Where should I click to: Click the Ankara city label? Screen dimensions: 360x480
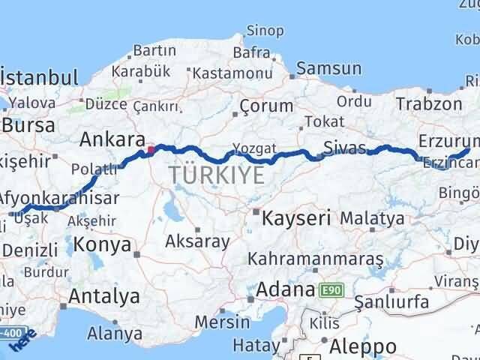click(113, 139)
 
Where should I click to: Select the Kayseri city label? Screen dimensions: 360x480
click(296, 219)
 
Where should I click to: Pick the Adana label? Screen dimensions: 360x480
click(285, 289)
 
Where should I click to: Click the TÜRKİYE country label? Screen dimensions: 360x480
click(216, 175)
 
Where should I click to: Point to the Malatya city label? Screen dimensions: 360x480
click(372, 219)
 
